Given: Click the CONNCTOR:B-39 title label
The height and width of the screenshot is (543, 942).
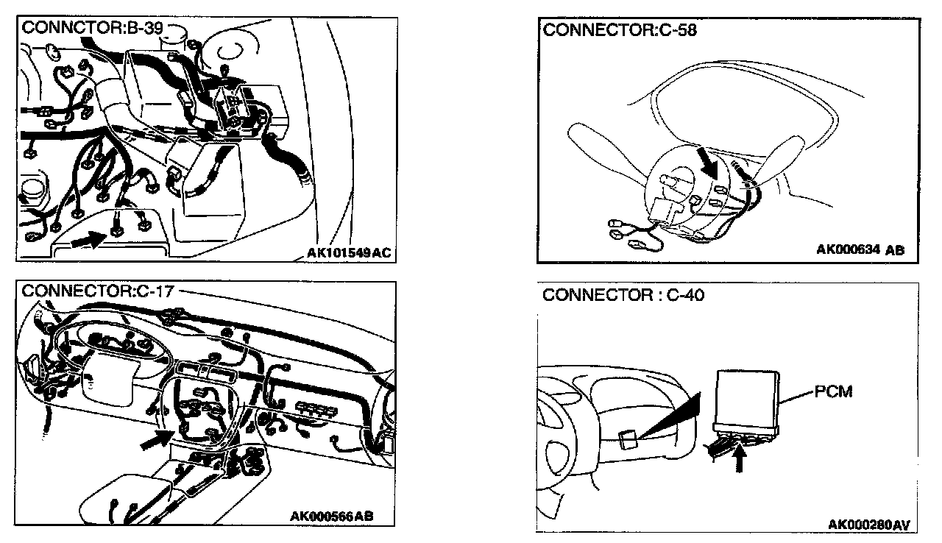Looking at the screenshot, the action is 91,29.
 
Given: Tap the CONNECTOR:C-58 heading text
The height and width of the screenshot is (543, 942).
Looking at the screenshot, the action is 619,30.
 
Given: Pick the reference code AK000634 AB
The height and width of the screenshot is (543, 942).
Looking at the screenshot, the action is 860,249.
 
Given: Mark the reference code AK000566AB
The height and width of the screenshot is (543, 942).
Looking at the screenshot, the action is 331,516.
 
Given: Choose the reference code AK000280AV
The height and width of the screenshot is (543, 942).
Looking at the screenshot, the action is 868,525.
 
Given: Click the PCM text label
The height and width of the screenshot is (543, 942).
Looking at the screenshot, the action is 833,391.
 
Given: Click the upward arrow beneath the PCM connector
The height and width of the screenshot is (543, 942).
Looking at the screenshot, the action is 740,461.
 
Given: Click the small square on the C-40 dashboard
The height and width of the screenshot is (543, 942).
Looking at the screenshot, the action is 627,439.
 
